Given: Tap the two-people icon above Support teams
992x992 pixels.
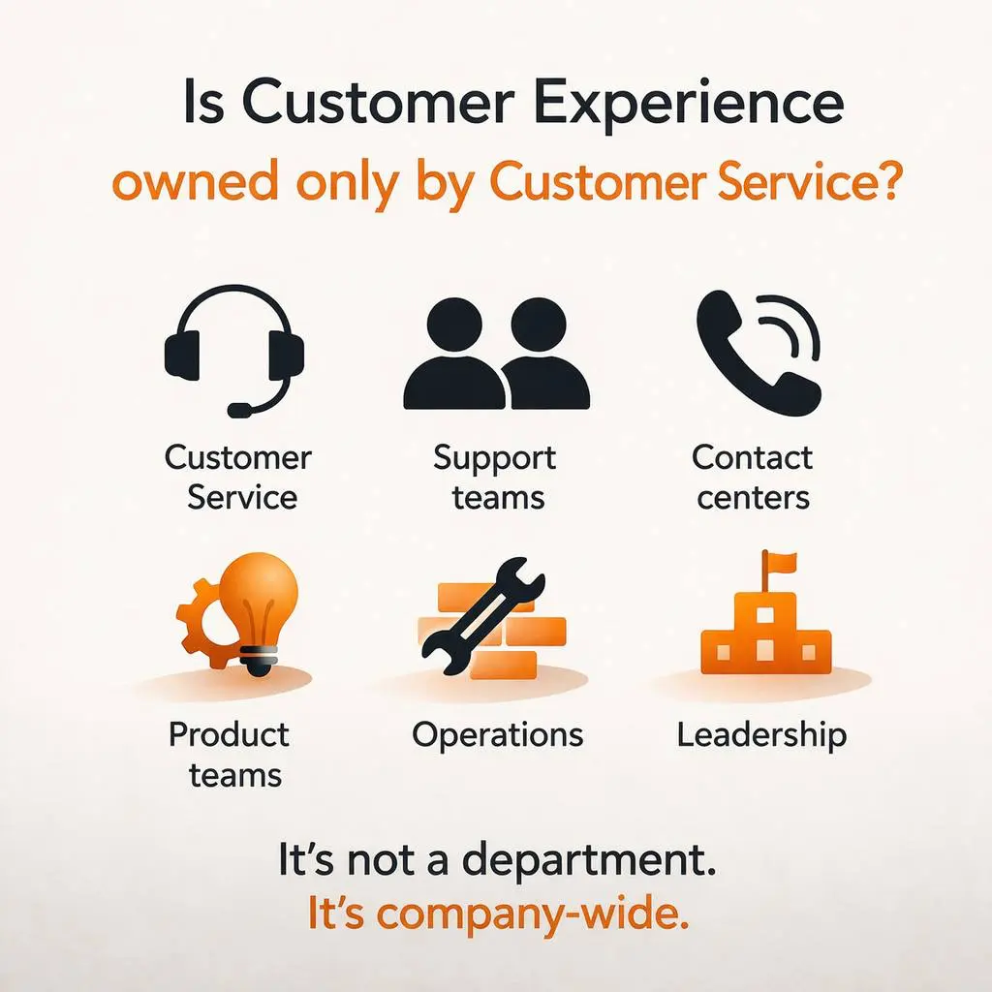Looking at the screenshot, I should pyautogui.click(x=496, y=353).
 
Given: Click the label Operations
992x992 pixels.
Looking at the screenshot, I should pyautogui.click(x=497, y=734).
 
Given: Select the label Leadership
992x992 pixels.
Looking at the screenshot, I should pyautogui.click(x=761, y=733).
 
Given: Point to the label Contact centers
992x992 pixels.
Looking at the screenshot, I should pyautogui.click(x=753, y=478).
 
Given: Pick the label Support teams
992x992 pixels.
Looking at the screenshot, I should pyautogui.click(x=495, y=478).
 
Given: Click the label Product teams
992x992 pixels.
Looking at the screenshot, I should pyautogui.click(x=230, y=755).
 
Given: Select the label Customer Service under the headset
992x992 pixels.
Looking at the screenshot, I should pyautogui.click(x=238, y=478).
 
